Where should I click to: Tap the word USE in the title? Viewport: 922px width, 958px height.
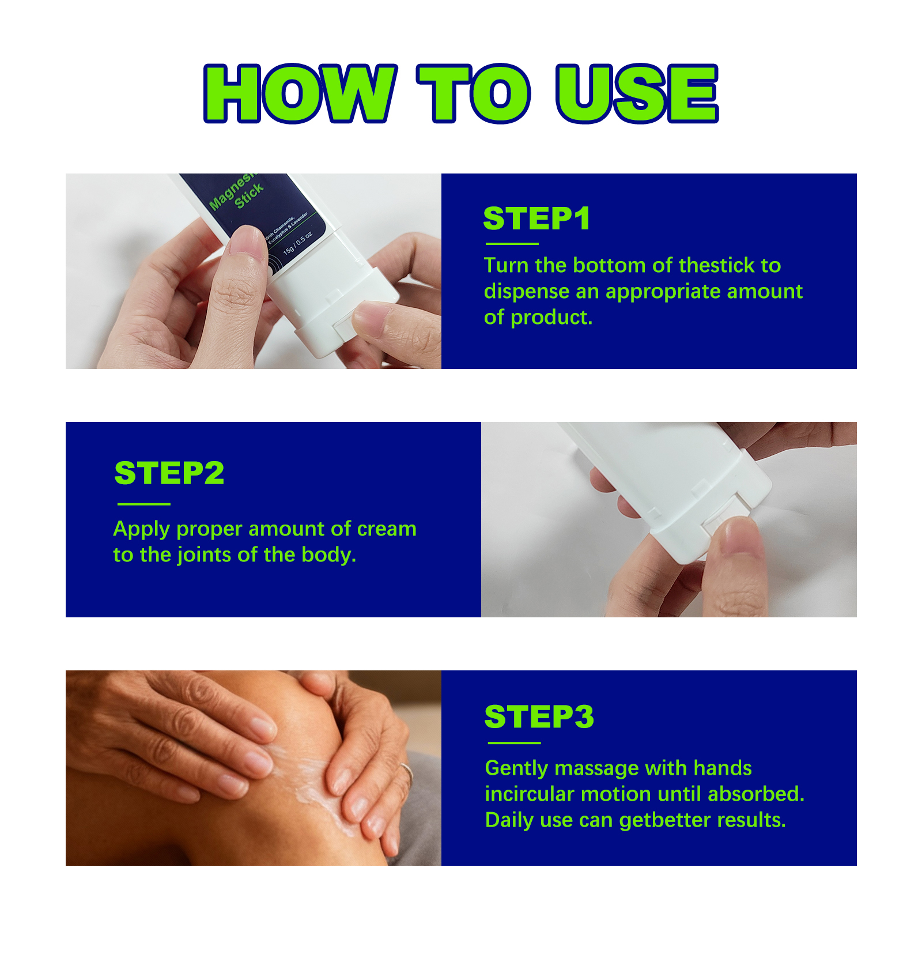(637, 93)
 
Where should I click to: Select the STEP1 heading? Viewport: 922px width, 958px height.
(537, 218)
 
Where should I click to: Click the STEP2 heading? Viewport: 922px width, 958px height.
(169, 473)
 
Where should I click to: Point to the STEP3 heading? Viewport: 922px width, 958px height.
(539, 716)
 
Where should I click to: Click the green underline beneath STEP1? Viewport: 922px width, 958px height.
(512, 244)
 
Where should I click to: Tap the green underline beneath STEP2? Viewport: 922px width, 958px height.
(144, 504)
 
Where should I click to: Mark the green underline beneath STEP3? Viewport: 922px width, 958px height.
(514, 743)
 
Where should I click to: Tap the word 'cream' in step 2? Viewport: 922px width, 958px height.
(386, 529)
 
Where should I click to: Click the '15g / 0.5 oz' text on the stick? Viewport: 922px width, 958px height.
(297, 243)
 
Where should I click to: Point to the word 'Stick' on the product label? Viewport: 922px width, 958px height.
(249, 195)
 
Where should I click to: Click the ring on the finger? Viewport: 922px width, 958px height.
(407, 771)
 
